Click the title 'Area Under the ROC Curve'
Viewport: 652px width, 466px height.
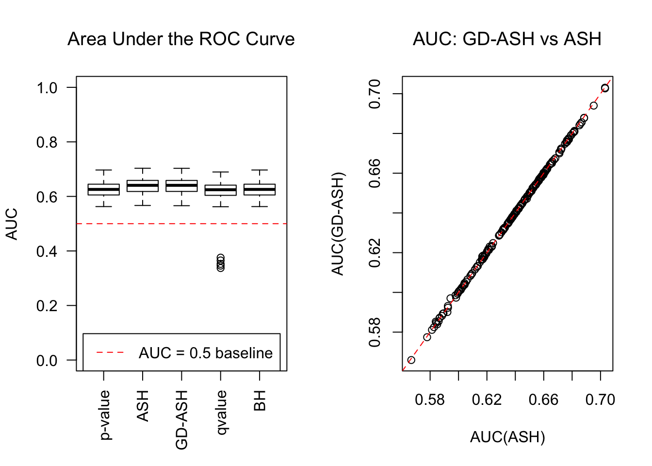181,39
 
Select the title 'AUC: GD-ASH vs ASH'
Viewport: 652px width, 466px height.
507,39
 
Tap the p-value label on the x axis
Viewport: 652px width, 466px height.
105,415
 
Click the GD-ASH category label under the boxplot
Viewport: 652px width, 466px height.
181,419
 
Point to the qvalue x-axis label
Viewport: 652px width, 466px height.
221,412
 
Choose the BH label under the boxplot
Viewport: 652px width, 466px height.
260,400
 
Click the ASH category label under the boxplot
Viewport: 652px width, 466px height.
143,405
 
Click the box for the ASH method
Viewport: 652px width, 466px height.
143,186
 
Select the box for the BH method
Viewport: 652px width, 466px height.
260,189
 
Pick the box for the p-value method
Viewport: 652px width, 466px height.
104,189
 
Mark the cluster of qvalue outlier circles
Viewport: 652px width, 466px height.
221,263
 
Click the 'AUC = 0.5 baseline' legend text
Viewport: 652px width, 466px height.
206,353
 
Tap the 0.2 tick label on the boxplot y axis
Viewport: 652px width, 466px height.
47,306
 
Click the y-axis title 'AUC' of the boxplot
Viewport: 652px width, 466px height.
12,224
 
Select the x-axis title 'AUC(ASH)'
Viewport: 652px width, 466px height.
507,437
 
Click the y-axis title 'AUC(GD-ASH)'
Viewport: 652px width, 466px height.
338,224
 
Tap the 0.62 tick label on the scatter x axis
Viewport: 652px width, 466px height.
487,399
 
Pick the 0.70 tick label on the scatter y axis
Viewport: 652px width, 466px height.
375,94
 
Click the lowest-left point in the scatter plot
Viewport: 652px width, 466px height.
411,360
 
